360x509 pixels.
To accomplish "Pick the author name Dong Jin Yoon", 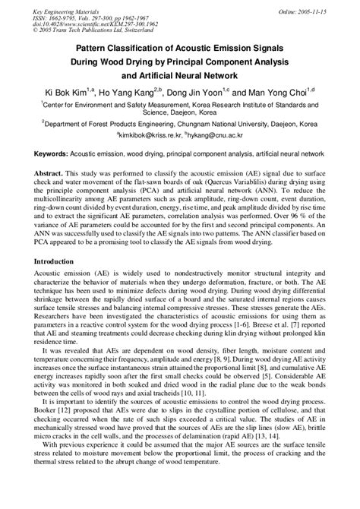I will pos(215,92).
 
